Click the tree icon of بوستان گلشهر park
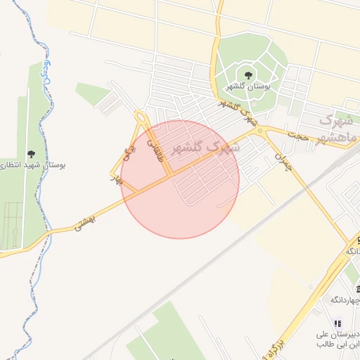click(247, 75)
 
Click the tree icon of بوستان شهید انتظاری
click(31, 154)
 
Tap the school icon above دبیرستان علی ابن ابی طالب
click(337, 323)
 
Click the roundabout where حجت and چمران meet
click(260, 131)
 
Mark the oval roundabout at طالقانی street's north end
click(141, 117)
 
